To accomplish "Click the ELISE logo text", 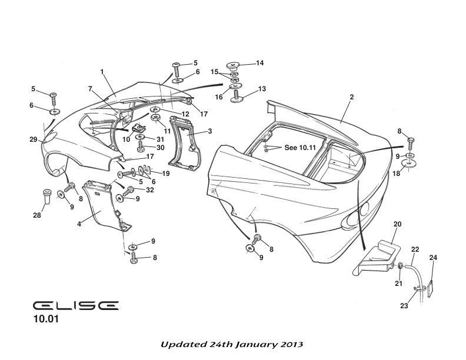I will tap(76, 306).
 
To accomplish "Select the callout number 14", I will tap(259, 63).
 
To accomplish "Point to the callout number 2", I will tap(351, 96).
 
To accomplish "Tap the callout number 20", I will tap(397, 224).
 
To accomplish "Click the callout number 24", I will tap(433, 257).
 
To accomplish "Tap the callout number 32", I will tap(150, 190).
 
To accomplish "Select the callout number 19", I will tap(166, 174).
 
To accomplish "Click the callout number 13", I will tap(262, 89).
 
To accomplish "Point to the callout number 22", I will tap(415, 249).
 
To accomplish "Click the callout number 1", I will tap(102, 72).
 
